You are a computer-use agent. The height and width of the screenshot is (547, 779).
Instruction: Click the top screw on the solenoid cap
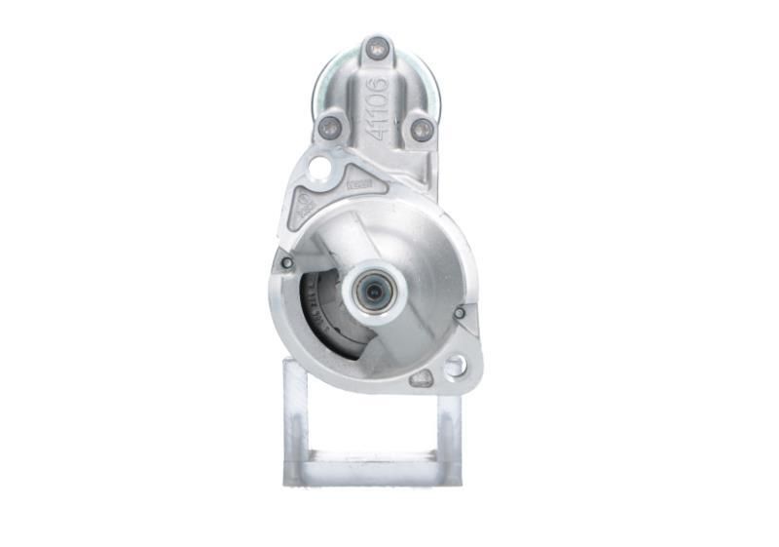pos(377,45)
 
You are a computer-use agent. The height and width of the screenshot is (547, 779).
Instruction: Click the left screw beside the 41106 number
pos(330,126)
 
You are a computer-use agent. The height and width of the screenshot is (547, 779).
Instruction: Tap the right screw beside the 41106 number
pos(421,128)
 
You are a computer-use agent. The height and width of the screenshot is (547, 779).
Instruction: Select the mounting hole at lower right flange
pos(454,367)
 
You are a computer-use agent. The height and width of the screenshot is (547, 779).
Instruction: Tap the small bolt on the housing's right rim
pos(459,313)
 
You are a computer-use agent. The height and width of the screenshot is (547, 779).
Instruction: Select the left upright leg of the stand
pos(296,414)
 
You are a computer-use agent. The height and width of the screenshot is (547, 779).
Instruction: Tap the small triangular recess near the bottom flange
pos(422,378)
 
